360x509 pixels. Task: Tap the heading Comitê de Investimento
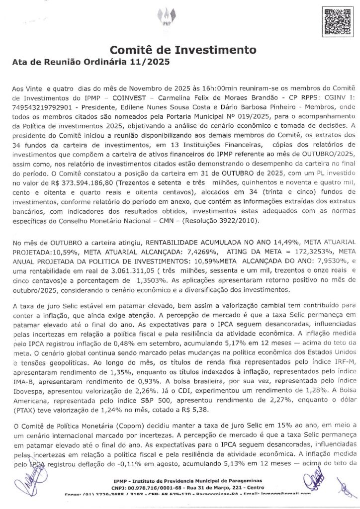(x=183, y=50)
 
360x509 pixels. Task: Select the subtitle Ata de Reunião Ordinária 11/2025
(x=90, y=63)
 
